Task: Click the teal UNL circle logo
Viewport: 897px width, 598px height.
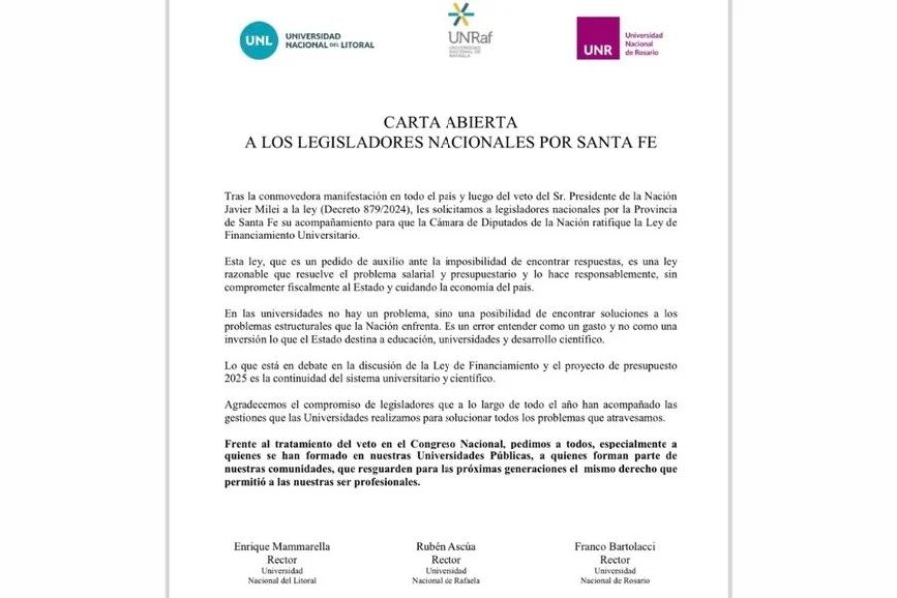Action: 259,39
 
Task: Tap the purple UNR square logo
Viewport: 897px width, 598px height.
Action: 597,38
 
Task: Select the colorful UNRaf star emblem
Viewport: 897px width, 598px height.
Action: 461,16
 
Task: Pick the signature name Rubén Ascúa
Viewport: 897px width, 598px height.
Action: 447,547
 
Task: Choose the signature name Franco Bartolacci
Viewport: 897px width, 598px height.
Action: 615,547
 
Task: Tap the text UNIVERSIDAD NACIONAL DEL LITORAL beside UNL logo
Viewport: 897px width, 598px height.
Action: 331,40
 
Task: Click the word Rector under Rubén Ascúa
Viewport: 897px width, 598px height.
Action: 447,559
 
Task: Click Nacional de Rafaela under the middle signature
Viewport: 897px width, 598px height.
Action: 447,580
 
